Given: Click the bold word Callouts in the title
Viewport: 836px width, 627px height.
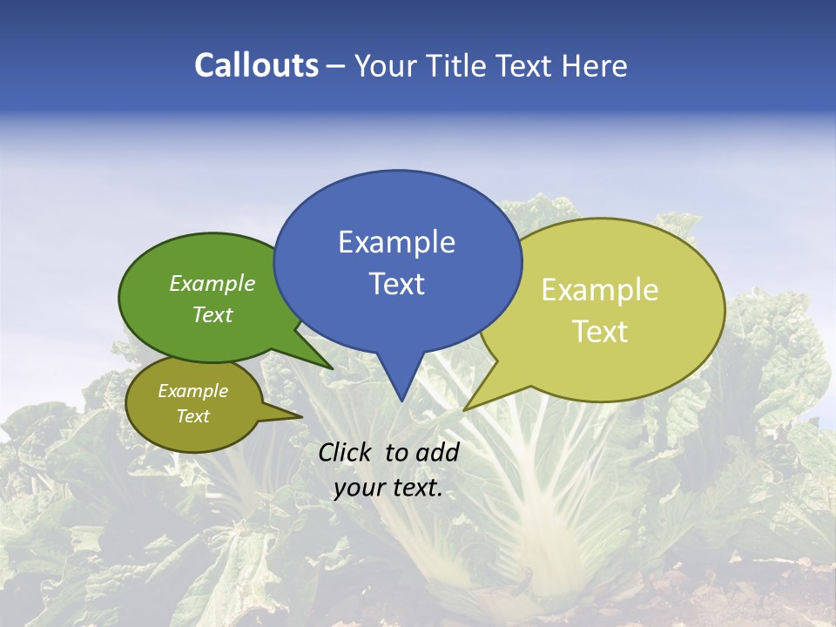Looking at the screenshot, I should pyautogui.click(x=256, y=65).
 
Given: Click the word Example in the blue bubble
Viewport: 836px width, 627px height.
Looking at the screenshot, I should pyautogui.click(x=396, y=242).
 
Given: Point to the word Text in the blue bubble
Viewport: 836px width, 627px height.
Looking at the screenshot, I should pyautogui.click(x=396, y=284).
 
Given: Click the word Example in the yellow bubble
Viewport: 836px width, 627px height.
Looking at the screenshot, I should pyautogui.click(x=600, y=290).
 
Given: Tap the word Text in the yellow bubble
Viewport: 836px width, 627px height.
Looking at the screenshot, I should pyautogui.click(x=600, y=332).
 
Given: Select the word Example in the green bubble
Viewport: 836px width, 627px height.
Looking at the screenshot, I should pyautogui.click(x=212, y=283).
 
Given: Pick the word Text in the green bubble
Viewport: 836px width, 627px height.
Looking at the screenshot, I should pyautogui.click(x=212, y=314).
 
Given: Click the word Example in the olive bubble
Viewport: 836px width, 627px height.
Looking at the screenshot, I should pyautogui.click(x=192, y=391).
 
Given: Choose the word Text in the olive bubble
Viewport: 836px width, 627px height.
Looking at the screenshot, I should pyautogui.click(x=192, y=416).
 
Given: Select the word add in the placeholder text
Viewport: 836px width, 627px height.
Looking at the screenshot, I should pyautogui.click(x=437, y=452).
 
